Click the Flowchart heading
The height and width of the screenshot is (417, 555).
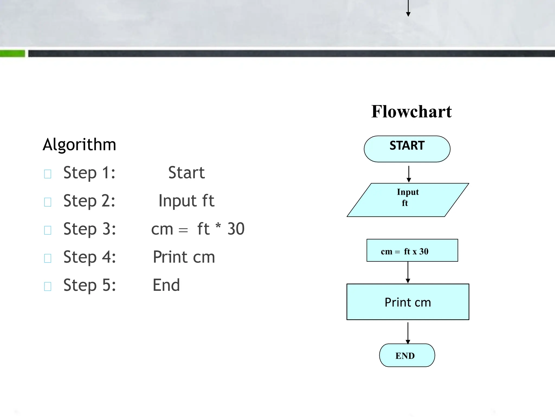(x=411, y=112)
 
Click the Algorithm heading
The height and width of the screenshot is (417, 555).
(x=79, y=144)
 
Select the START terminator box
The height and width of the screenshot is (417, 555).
(x=407, y=149)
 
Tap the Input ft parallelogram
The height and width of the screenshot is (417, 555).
(x=408, y=200)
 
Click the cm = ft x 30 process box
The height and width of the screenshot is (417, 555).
(x=412, y=251)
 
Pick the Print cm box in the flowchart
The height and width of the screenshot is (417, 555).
(x=408, y=302)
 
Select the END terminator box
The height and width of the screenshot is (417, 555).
(x=407, y=355)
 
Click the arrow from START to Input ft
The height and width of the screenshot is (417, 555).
(x=409, y=174)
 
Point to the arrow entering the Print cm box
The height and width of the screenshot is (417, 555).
(x=408, y=272)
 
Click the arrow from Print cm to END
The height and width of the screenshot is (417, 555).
(x=408, y=333)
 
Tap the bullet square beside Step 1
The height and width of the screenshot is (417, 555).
(x=48, y=174)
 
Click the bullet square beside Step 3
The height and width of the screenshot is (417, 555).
(x=48, y=230)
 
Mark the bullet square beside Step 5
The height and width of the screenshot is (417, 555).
(x=48, y=286)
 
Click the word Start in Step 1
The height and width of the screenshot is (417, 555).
(x=186, y=173)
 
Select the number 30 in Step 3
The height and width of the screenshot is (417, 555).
(x=236, y=229)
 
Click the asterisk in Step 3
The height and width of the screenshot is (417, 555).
(x=218, y=226)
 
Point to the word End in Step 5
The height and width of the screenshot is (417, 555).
(x=166, y=285)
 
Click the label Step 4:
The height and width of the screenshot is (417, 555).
(x=89, y=257)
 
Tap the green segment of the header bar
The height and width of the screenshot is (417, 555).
(x=12, y=53)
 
